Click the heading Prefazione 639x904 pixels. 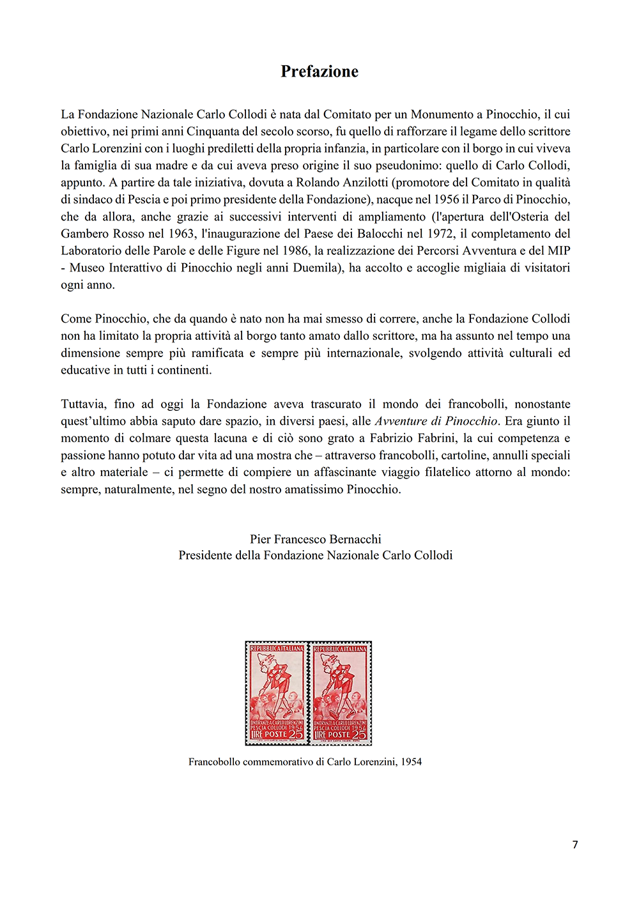[x=319, y=72]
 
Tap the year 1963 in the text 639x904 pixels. [x=181, y=234]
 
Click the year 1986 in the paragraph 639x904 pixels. [x=295, y=250]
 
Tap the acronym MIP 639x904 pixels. [x=558, y=250]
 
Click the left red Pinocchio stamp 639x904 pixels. [x=277, y=693]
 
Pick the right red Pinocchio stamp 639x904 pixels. [x=341, y=693]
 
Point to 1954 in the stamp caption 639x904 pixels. [x=411, y=762]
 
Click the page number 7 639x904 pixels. [x=575, y=845]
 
